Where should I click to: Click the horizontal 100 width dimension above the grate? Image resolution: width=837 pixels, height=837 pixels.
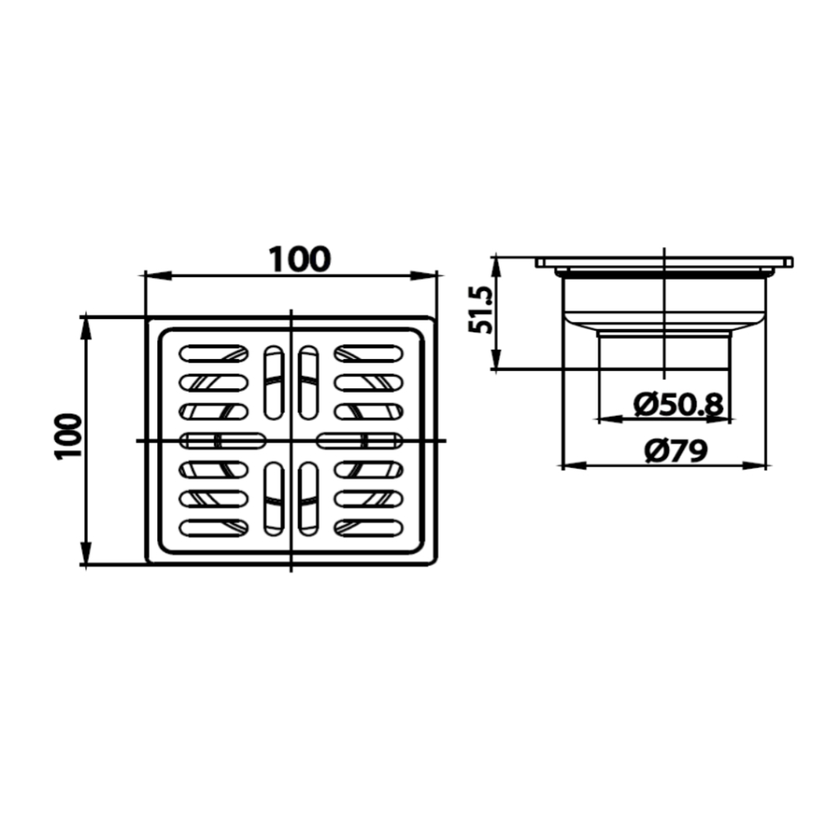300,259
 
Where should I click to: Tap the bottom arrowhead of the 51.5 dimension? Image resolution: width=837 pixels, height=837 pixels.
496,362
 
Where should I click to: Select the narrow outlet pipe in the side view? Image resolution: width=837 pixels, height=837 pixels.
664,350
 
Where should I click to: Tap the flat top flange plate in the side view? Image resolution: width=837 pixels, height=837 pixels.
664,263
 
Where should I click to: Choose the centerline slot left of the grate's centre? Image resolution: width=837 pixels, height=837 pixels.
223,440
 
